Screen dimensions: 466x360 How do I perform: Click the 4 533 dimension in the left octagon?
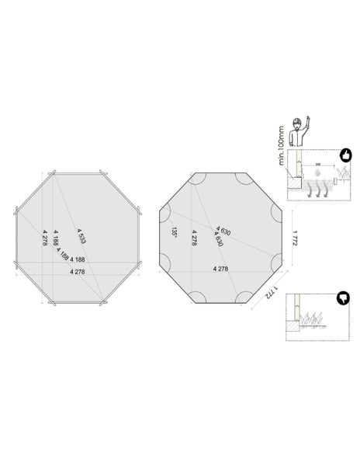[81, 235]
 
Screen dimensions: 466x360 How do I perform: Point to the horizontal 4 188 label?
[77, 259]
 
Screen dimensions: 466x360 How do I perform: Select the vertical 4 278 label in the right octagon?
[192, 238]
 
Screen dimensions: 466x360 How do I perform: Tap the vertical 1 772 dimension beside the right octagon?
[295, 237]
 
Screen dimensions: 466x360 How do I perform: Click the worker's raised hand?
[308, 120]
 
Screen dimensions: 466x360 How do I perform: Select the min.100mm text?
[282, 148]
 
